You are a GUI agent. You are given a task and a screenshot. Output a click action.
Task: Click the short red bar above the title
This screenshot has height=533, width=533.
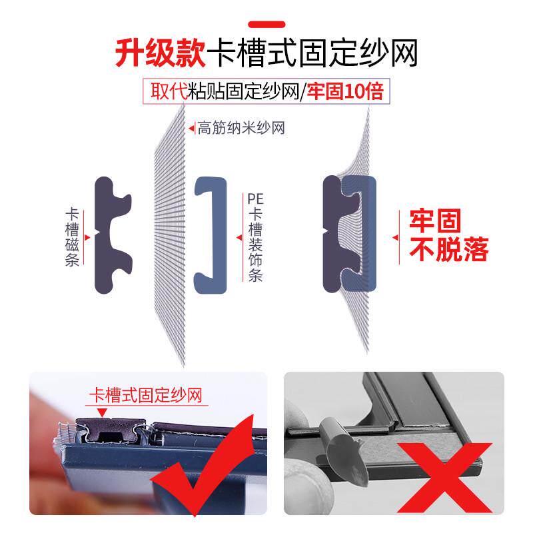(x=266, y=25)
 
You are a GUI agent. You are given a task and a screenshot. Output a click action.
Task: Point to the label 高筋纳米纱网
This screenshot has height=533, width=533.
(x=241, y=128)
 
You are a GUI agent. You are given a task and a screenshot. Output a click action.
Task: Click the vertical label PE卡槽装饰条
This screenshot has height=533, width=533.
(x=255, y=237)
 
